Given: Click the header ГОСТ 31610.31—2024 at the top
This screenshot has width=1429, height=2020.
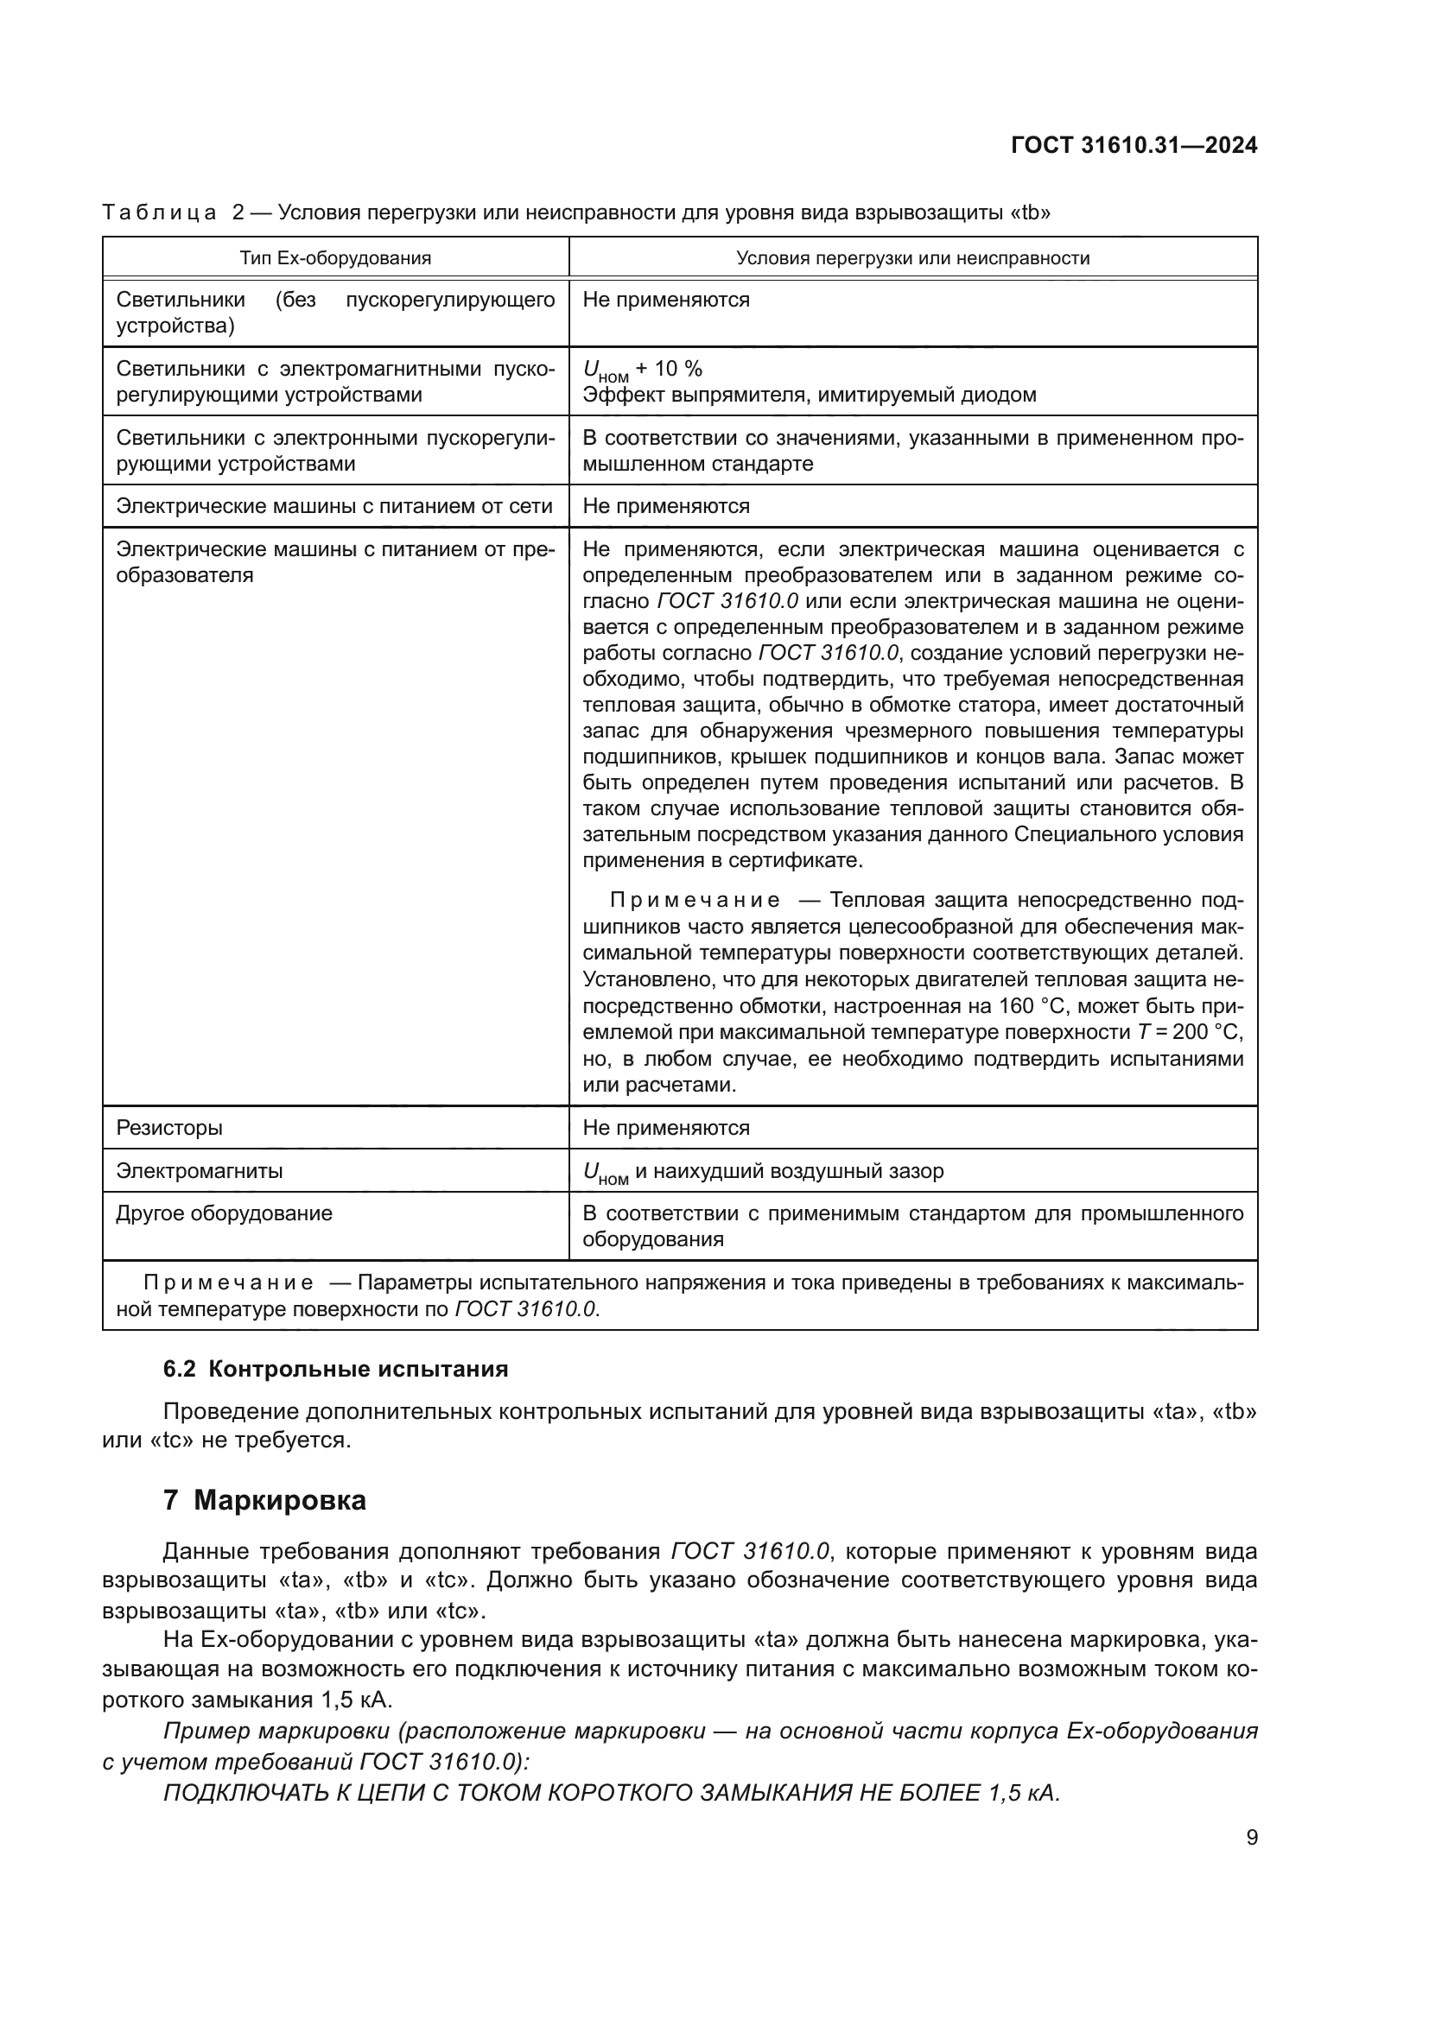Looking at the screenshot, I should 1134,145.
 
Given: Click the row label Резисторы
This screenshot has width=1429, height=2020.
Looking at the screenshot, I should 170,1128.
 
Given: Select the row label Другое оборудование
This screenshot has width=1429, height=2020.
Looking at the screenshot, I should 225,1213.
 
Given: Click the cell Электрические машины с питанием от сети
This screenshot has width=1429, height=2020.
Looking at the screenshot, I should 334,506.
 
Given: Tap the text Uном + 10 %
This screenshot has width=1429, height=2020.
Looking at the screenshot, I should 642,370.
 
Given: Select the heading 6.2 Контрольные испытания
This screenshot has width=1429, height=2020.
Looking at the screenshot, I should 335,1369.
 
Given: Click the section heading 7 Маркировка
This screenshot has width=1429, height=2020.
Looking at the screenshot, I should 264,1500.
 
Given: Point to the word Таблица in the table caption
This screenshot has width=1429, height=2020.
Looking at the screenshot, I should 159,213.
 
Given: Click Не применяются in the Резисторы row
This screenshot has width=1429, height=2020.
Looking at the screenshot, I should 666,1128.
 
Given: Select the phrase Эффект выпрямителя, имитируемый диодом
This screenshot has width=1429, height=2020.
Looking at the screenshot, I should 809,395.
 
